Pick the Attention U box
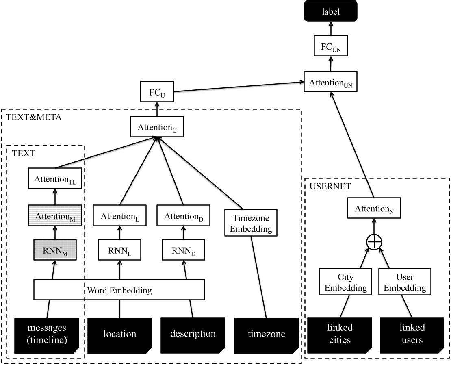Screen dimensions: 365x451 click(x=156, y=127)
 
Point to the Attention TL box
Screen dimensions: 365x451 click(x=55, y=179)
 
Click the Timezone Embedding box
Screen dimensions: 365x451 click(x=251, y=222)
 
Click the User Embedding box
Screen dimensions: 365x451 click(x=405, y=282)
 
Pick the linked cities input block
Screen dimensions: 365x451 click(x=339, y=334)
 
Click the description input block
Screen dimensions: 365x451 click(x=193, y=334)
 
